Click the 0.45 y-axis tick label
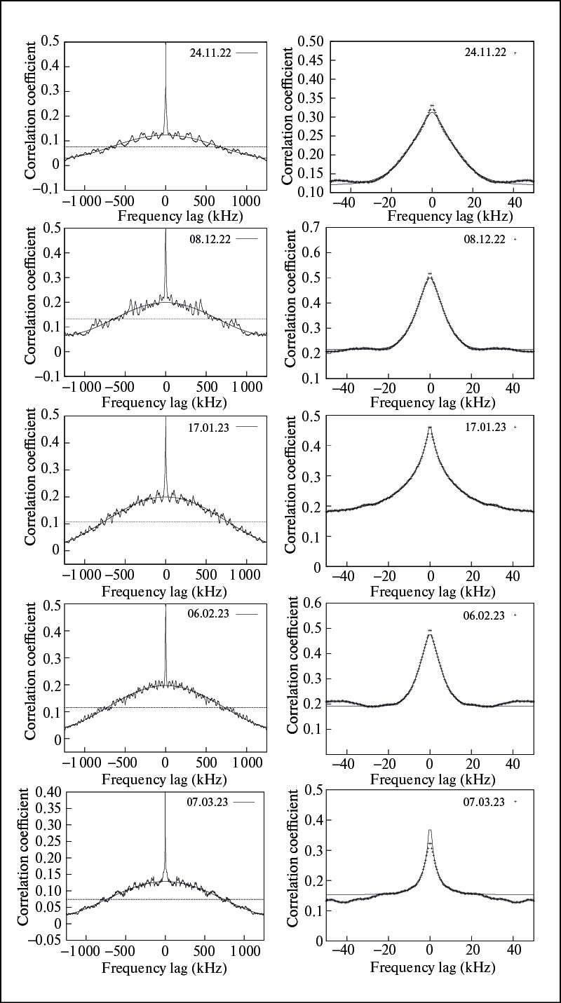coord(311,60)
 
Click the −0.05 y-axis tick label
coord(38,941)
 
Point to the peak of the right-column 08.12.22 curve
coord(430,274)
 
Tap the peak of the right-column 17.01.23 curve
coord(430,427)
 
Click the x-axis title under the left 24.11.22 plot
coord(165,216)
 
